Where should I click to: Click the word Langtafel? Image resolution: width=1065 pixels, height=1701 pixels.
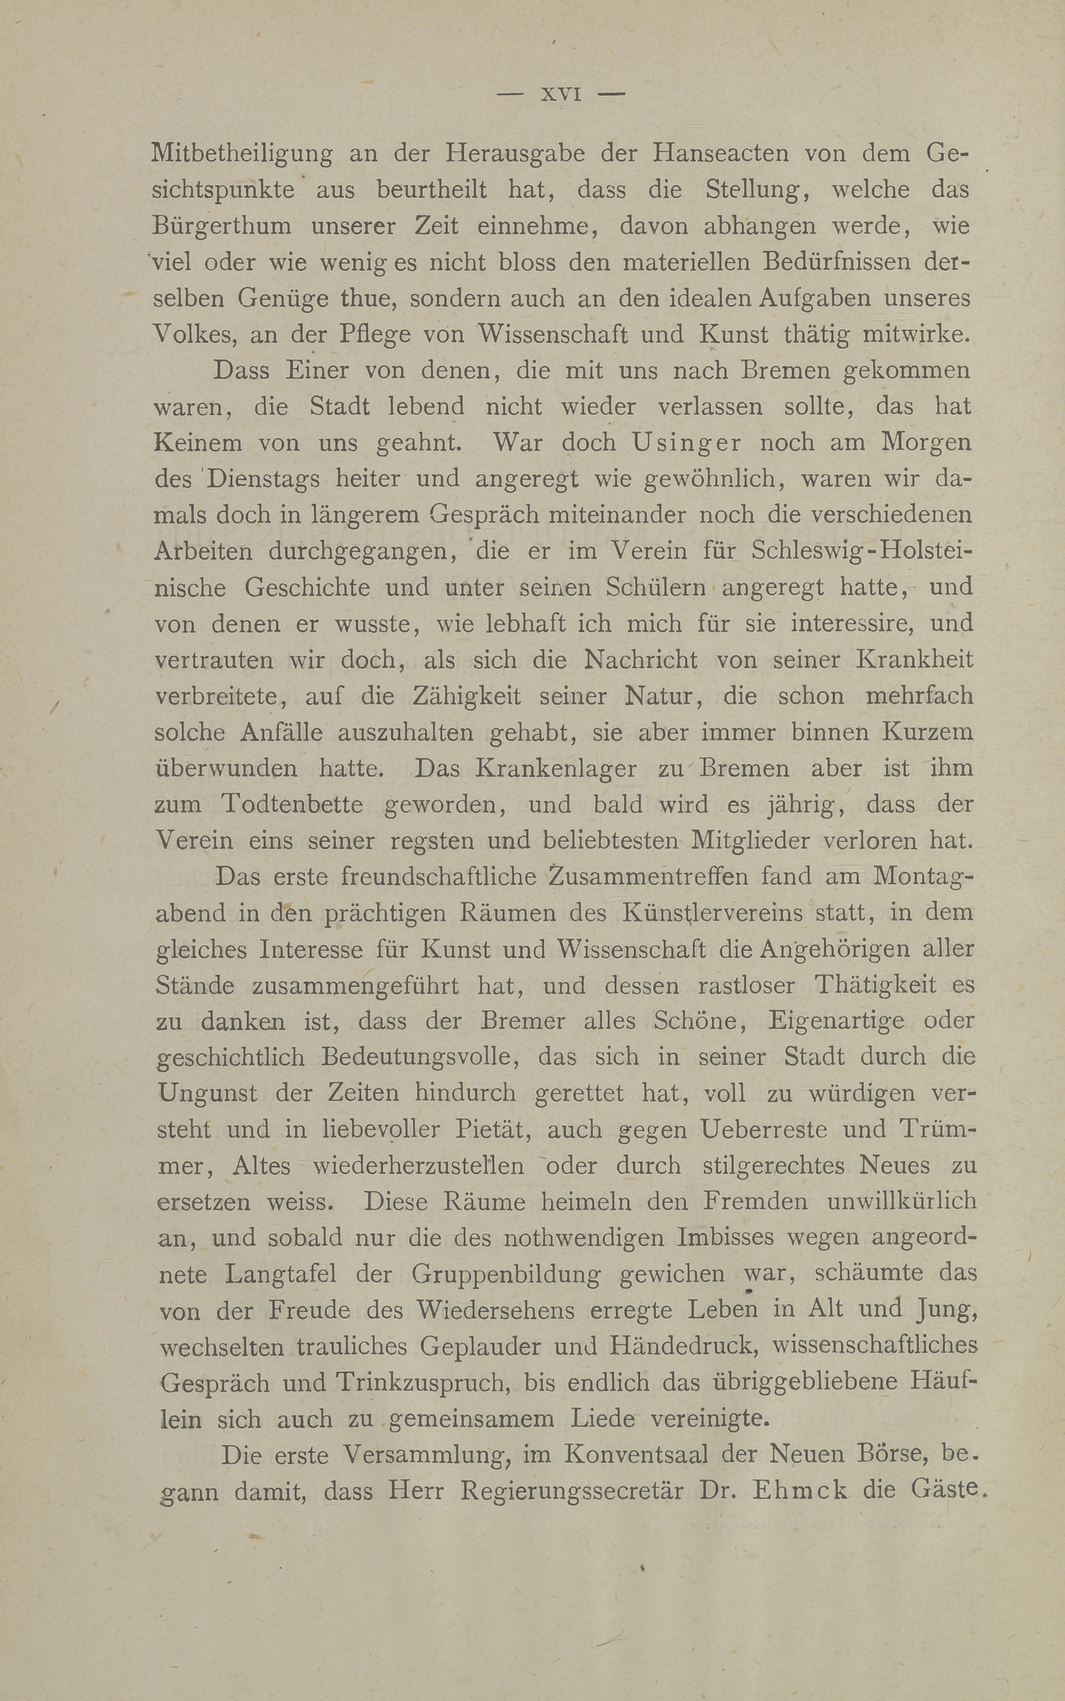[x=282, y=1274]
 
